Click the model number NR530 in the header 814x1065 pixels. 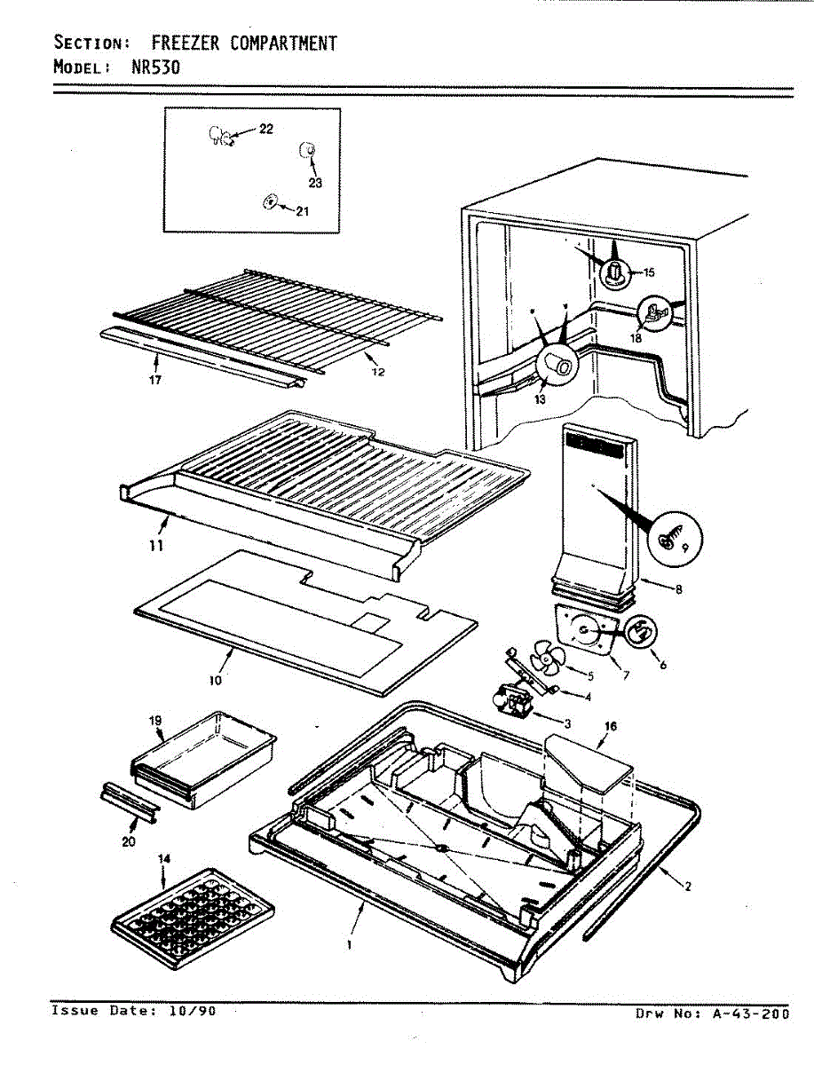[155, 67]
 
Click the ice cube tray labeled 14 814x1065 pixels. [191, 918]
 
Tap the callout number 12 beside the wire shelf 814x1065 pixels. [378, 371]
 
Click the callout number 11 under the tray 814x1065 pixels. [156, 546]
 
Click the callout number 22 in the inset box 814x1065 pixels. [266, 130]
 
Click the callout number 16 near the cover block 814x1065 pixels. [610, 725]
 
